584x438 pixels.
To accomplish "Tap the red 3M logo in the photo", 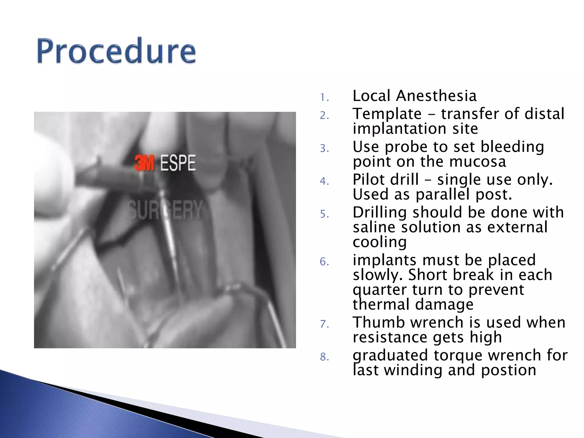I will [144, 163].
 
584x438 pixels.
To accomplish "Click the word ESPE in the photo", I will [178, 163].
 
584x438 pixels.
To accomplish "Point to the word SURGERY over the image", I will [165, 210].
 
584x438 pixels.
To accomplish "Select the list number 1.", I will [324, 98].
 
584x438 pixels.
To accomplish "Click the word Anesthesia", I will [436, 96].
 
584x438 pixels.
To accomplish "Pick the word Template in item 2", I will [387, 114].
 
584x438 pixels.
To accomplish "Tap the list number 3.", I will [324, 148].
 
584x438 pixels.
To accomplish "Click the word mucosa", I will [478, 161].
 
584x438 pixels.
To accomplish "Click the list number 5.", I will [324, 214].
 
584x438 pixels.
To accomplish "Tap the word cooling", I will [379, 242].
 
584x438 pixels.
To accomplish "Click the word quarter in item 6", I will [380, 290].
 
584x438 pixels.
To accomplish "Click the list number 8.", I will [324, 357].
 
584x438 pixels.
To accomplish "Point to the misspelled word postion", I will [508, 370].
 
